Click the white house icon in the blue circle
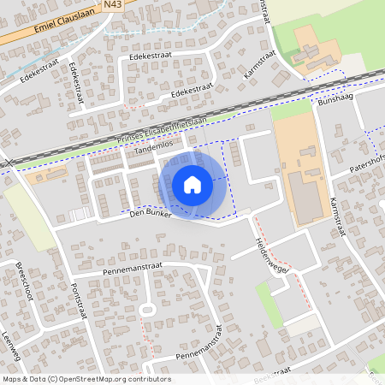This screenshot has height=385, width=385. [192, 184]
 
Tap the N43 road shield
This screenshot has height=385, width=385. [113, 5]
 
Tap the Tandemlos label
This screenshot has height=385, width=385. [154, 150]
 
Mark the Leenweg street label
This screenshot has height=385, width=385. [10, 346]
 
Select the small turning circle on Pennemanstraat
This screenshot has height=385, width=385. [146, 310]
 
